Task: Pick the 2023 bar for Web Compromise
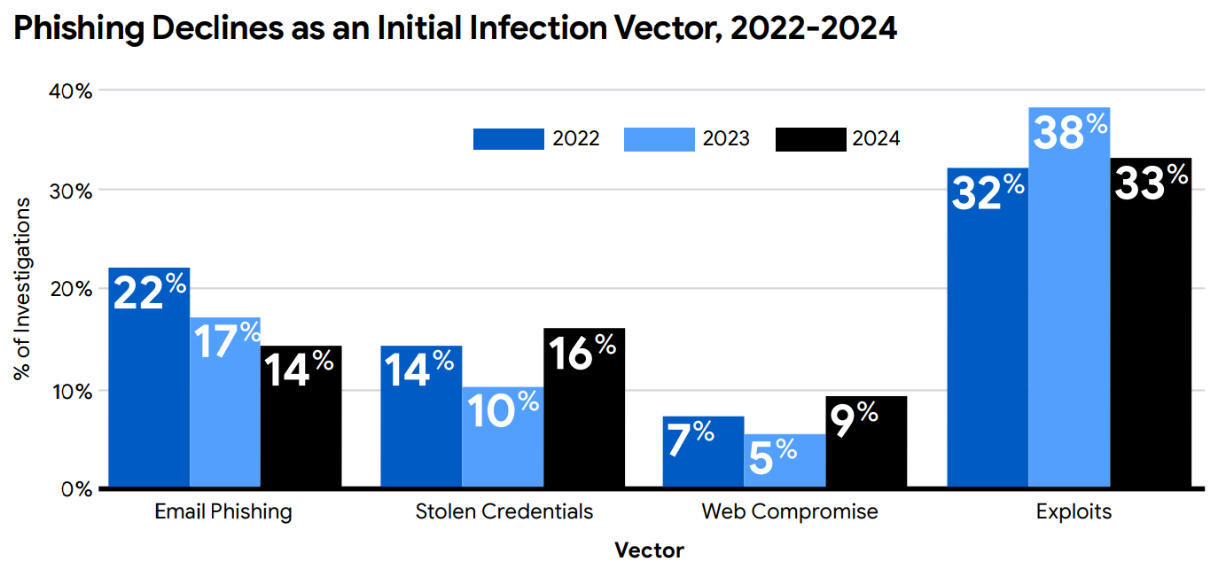pos(785,465)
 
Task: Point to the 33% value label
pos(1151,183)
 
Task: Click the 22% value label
pos(150,292)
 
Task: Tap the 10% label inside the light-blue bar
pos(502,410)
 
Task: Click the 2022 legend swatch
pos(508,139)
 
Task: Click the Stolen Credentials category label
pos(504,512)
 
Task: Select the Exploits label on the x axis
pos(1073,512)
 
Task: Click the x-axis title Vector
pos(649,550)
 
